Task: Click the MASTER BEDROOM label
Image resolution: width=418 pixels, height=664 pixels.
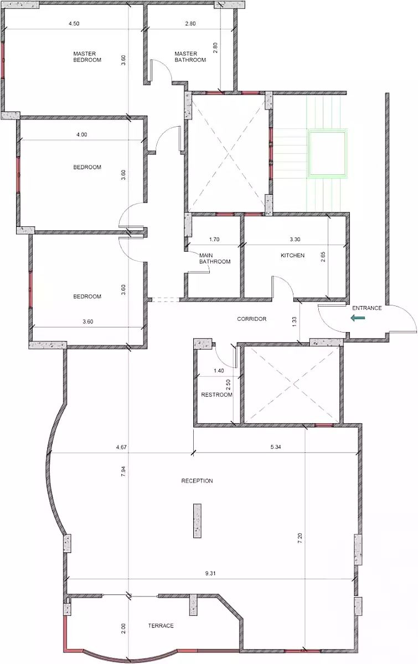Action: pos(87,56)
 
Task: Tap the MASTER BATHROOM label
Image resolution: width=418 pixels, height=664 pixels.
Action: pos(190,56)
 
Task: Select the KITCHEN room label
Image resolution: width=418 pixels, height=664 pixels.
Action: pos(292,255)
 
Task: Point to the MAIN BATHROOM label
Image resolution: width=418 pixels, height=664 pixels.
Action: pos(215,258)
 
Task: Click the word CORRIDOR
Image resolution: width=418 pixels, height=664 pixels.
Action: pos(251,319)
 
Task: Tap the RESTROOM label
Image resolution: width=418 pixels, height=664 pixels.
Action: pos(216,395)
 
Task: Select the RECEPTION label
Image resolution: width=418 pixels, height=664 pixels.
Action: pos(197,481)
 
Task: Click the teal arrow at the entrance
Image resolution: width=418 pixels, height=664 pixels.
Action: pos(358,318)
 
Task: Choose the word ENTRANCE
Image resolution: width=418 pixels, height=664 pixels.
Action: pos(367,308)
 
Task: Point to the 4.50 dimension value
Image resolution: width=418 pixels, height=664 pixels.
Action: pos(74,23)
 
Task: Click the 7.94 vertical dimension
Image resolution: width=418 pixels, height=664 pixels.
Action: pos(123,471)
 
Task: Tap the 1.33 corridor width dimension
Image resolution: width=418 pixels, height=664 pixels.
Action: pos(294,321)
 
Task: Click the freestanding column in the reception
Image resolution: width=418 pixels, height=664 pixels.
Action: pos(197,521)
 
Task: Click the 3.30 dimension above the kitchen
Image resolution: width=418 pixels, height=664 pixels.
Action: pos(295,239)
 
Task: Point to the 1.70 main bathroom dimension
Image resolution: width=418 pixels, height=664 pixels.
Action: pos(214,239)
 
